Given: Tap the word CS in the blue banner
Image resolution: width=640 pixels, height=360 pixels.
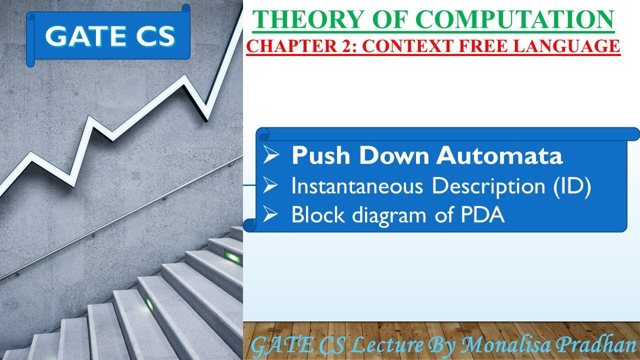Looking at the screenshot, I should (x=152, y=36).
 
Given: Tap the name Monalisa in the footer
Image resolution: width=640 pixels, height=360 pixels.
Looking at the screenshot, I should (x=505, y=344).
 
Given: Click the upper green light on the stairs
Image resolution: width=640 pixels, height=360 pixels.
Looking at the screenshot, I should (x=233, y=257).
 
